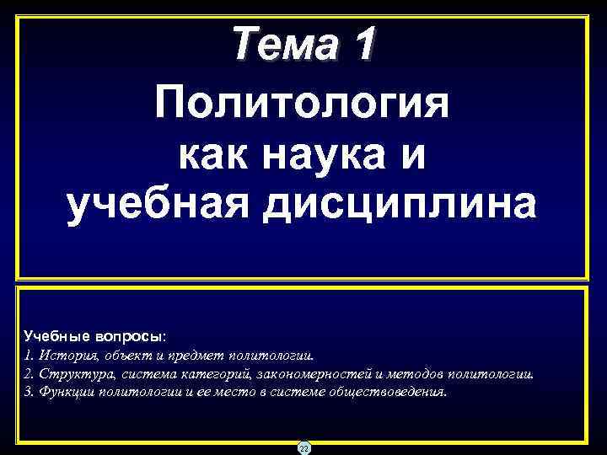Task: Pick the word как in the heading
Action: point(216,157)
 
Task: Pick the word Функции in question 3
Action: point(67,393)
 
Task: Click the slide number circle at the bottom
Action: point(303,448)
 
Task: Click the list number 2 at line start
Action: point(28,374)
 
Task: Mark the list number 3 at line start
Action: point(28,393)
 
